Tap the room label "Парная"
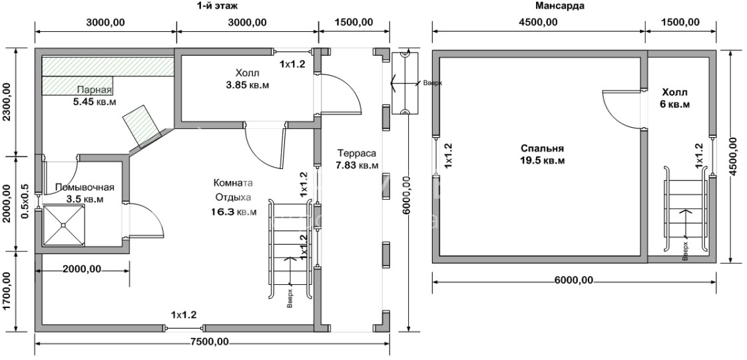click(x=95, y=90)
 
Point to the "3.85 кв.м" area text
click(x=248, y=85)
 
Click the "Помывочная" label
click(x=85, y=187)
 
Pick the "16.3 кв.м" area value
click(x=234, y=210)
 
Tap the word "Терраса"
click(x=357, y=153)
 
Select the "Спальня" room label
click(x=542, y=148)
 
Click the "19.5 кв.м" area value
click(x=542, y=160)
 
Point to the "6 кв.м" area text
click(x=676, y=104)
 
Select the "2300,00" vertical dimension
click(x=7, y=102)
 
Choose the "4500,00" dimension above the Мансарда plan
click(x=539, y=23)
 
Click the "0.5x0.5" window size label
click(x=25, y=202)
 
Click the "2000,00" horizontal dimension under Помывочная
click(x=82, y=269)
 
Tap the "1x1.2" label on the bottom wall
click(x=184, y=314)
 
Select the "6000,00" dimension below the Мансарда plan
click(x=574, y=280)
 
